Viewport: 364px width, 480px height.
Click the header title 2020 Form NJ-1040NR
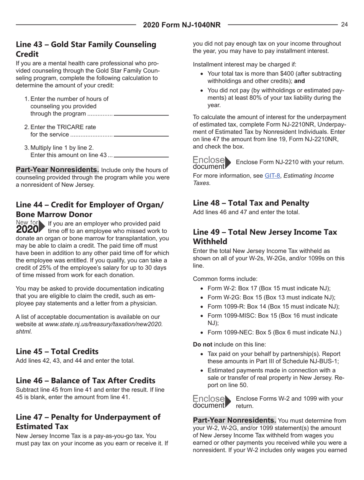(x=182, y=25)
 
